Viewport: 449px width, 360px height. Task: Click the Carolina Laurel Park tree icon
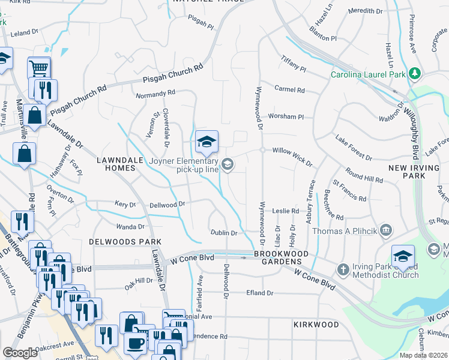(x=414, y=74)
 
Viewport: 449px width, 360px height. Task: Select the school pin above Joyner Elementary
(x=206, y=142)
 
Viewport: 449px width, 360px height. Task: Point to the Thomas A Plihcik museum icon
(x=386, y=230)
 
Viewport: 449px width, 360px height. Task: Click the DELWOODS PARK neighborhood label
(x=118, y=241)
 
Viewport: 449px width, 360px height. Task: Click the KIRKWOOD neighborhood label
(x=316, y=324)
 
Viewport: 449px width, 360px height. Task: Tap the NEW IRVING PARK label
(x=415, y=171)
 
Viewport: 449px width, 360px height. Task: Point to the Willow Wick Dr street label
(x=293, y=157)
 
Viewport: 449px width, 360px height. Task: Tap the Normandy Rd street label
(x=154, y=94)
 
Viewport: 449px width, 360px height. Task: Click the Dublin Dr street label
(x=224, y=233)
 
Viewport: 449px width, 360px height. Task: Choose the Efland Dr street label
(x=260, y=293)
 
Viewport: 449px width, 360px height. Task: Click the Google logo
(x=20, y=353)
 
